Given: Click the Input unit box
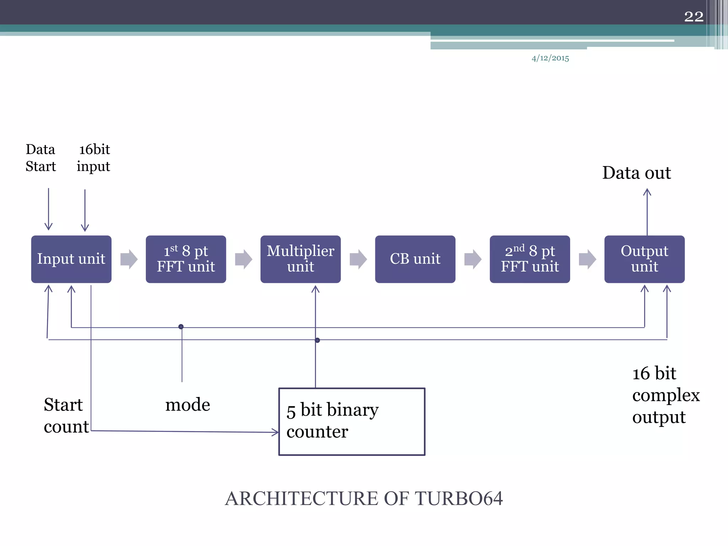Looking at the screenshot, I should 71,259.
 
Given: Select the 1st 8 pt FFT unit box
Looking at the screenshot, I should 186,259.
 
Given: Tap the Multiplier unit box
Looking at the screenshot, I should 300,259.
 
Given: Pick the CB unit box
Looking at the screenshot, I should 415,259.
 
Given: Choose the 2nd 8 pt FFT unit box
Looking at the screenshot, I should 530,259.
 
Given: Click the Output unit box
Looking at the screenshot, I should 644,259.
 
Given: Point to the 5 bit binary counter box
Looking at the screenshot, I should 352,422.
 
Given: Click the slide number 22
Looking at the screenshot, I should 694,16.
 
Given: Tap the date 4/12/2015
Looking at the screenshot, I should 550,58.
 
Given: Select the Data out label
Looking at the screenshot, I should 636,173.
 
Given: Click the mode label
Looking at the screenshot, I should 188,405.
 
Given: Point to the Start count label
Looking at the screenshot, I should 66,416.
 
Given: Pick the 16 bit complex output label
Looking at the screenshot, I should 666,395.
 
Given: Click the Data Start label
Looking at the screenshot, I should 41,158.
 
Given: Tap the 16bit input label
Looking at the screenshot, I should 94,158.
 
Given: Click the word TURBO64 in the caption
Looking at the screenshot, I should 459,498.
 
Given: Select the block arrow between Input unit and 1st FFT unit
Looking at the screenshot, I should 129,259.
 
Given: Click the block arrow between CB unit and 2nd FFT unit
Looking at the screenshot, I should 473,259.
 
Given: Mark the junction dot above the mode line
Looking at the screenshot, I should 181,327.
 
